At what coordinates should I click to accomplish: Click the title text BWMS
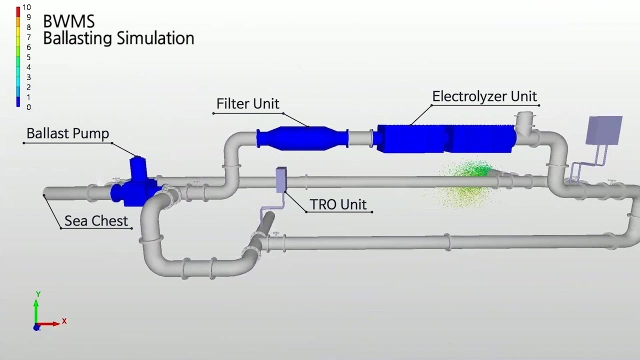(x=68, y=21)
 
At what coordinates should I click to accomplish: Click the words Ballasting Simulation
(x=118, y=38)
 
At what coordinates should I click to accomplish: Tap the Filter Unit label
(x=247, y=104)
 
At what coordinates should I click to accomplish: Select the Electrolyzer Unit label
(x=484, y=96)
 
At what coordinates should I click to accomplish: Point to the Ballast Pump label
(x=67, y=133)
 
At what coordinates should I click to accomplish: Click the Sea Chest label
(x=96, y=220)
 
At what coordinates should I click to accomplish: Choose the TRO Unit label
(x=338, y=204)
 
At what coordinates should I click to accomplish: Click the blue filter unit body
(x=302, y=138)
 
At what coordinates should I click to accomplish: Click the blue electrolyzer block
(x=445, y=138)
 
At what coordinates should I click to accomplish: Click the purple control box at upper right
(x=604, y=130)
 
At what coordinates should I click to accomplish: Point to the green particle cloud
(x=467, y=181)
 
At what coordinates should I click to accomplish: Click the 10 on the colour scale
(x=26, y=8)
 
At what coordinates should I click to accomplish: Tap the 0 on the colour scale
(x=28, y=107)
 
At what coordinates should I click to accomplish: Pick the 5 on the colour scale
(x=28, y=57)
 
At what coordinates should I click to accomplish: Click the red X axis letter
(x=64, y=321)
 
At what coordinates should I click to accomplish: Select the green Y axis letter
(x=38, y=294)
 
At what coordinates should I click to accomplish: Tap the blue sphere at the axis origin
(x=36, y=327)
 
